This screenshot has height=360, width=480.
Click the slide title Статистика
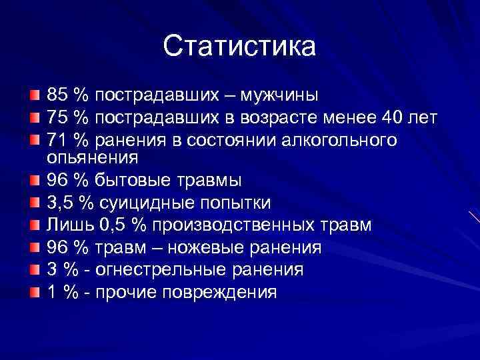point(239,46)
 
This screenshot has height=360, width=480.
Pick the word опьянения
point(92,158)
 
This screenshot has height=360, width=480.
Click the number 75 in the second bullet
point(57,118)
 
